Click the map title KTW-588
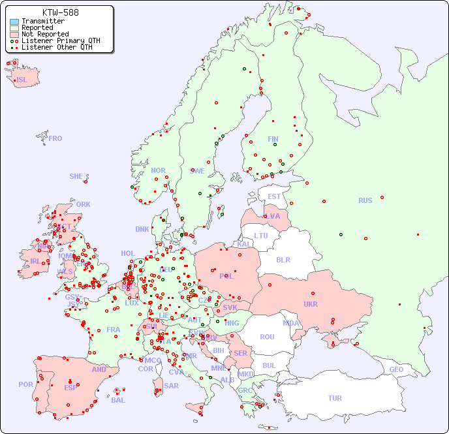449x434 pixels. tap(61, 12)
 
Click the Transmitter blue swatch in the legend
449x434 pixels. tap(14, 22)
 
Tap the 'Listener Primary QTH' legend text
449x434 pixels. tap(61, 41)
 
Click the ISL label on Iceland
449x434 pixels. tap(22, 80)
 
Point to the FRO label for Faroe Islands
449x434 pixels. tap(55, 138)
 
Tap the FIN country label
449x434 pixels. tap(273, 139)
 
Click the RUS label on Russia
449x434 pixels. tap(365, 200)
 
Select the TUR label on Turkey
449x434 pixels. tap(335, 398)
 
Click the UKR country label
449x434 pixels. tap(310, 304)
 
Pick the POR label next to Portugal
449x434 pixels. tap(25, 384)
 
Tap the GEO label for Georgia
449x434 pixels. tap(396, 369)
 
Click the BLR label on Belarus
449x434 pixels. tap(283, 259)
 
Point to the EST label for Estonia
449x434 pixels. tap(274, 196)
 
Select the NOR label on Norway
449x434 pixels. tap(158, 170)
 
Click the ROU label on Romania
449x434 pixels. tap(267, 337)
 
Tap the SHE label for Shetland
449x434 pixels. tap(76, 176)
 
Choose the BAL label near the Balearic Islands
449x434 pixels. tap(117, 400)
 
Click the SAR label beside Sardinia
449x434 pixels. tap(171, 386)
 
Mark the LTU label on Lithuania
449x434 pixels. tap(261, 236)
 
